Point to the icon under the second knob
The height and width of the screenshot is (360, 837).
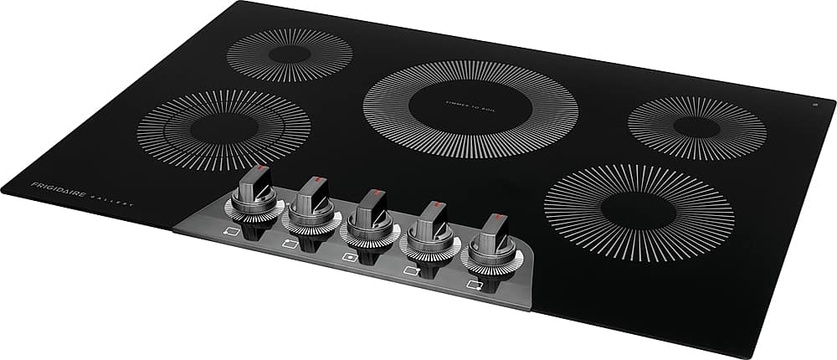coord(289,244)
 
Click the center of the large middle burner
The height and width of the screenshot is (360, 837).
coord(470,110)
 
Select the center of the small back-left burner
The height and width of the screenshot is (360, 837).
coord(290,54)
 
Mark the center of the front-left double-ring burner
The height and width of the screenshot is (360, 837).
coord(223,130)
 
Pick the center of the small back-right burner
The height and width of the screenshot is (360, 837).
coord(696,127)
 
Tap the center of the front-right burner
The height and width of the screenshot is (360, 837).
coord(639,212)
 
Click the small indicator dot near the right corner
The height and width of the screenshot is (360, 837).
coord(814,105)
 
